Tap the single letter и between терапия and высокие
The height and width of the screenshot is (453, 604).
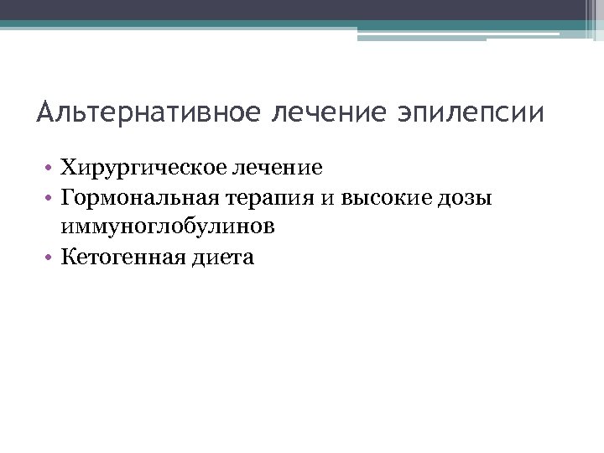point(327,198)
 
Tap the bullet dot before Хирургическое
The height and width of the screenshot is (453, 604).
point(51,169)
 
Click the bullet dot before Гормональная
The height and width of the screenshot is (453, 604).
point(51,199)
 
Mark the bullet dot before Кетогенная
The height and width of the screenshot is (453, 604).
point(51,258)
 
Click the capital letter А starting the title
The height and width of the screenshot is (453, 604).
point(45,112)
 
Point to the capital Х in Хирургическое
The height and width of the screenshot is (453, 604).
point(68,168)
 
